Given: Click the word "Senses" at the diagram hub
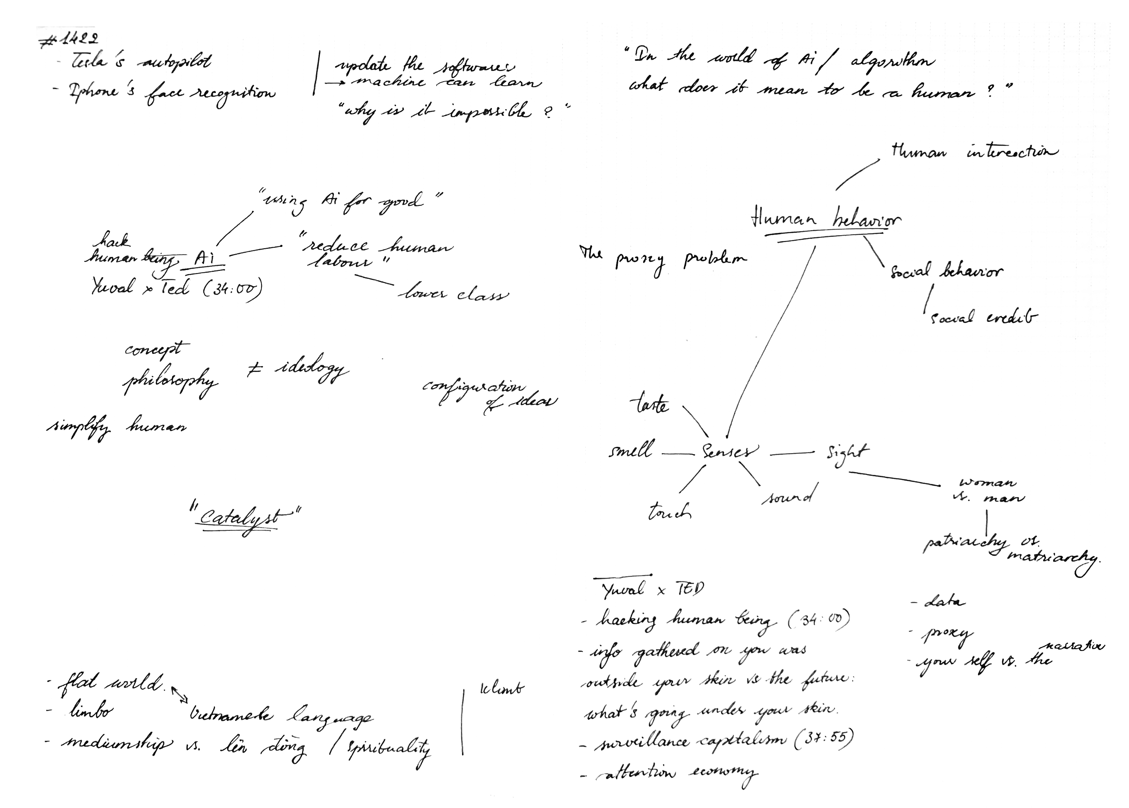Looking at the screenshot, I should pyautogui.click(x=729, y=452).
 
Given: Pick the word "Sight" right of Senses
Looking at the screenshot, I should pyautogui.click(x=848, y=453).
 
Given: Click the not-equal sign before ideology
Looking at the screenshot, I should pyautogui.click(x=255, y=369).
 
